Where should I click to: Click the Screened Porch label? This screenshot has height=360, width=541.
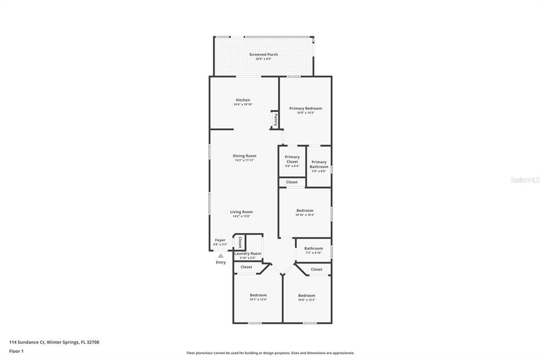pyautogui.click(x=263, y=54)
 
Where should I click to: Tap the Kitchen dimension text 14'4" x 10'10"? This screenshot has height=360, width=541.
pyautogui.click(x=243, y=105)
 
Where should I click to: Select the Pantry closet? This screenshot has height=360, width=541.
pyautogui.click(x=275, y=119)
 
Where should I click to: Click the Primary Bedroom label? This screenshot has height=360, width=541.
pyautogui.click(x=305, y=108)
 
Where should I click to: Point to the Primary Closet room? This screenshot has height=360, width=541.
pyautogui.click(x=292, y=159)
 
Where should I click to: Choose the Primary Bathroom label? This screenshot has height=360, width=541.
pyautogui.click(x=319, y=165)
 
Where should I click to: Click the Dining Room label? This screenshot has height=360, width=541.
pyautogui.click(x=244, y=156)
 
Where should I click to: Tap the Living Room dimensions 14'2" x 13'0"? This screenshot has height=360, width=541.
pyautogui.click(x=241, y=216)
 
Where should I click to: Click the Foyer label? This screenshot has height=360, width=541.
pyautogui.click(x=220, y=240)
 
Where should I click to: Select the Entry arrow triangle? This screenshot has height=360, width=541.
pyautogui.click(x=221, y=256)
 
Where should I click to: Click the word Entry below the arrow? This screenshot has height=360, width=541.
pyautogui.click(x=221, y=262)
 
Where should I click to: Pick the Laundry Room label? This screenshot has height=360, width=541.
pyautogui.click(x=248, y=253)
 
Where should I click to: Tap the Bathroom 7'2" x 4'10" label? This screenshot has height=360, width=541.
pyautogui.click(x=313, y=250)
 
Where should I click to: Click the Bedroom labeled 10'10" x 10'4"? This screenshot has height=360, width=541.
pyautogui.click(x=305, y=212)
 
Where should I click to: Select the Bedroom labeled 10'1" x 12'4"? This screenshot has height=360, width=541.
pyautogui.click(x=258, y=297)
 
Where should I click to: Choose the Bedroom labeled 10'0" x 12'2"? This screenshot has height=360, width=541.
pyautogui.click(x=306, y=297)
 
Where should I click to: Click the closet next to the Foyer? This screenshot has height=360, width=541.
pyautogui.click(x=240, y=242)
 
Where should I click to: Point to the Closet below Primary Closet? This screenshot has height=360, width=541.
pyautogui.click(x=292, y=182)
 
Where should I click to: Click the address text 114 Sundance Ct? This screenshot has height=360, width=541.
pyautogui.click(x=26, y=342)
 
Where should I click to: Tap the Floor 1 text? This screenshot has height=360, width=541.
pyautogui.click(x=16, y=351)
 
